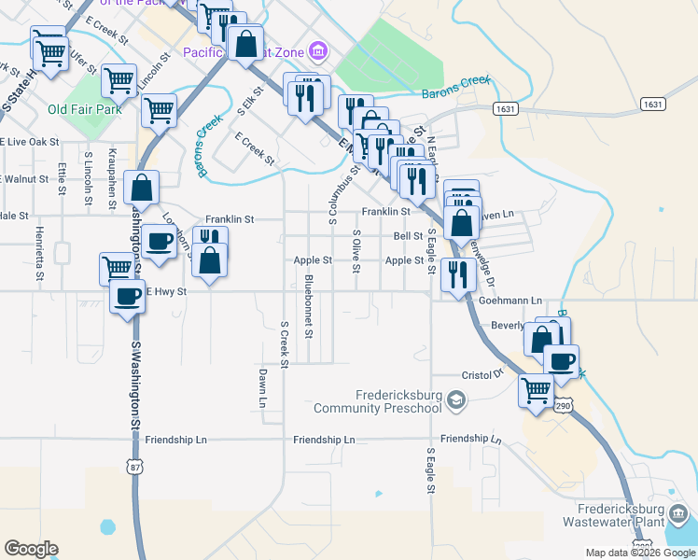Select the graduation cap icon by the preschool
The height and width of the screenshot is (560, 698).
pyautogui.click(x=455, y=401)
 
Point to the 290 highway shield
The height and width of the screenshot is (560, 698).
pyautogui.click(x=562, y=406)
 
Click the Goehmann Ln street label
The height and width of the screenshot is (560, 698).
pyautogui.click(x=510, y=301)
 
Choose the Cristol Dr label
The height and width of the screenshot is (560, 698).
pyautogui.click(x=483, y=374)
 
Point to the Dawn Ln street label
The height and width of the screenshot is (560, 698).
pyautogui.click(x=262, y=387)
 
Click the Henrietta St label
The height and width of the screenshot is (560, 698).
pyautogui.click(x=40, y=254)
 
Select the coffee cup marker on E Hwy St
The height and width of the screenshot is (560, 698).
pyautogui.click(x=127, y=298)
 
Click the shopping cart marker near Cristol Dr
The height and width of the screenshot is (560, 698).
pyautogui.click(x=536, y=389)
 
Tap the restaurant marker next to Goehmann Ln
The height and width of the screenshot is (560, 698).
pyautogui.click(x=457, y=273)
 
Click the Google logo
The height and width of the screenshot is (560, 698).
pyautogui.click(x=31, y=549)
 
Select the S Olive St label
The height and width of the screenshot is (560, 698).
pyautogui.click(x=356, y=252)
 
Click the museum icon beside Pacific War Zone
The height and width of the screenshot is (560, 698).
pyautogui.click(x=317, y=49)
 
